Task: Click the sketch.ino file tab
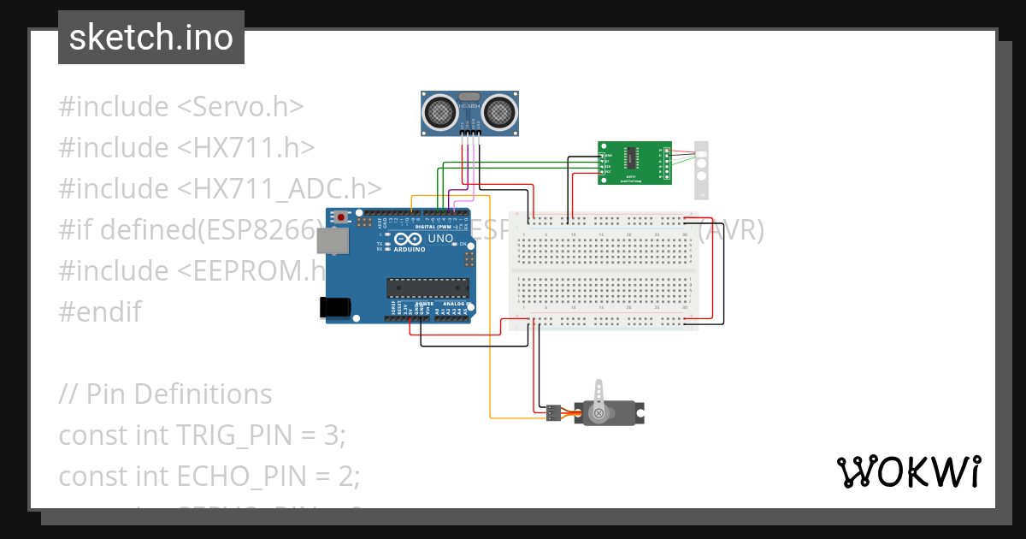150,38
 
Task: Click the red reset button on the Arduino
342,217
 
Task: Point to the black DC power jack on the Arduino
333,307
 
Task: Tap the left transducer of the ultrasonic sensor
441,111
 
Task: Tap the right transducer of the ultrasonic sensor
498,111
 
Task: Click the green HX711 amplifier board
634,163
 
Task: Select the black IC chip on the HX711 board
631,157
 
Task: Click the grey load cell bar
702,169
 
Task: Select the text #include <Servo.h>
181,107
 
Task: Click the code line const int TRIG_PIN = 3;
202,435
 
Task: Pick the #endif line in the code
100,311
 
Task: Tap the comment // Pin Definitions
165,394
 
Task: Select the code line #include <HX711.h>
186,148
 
